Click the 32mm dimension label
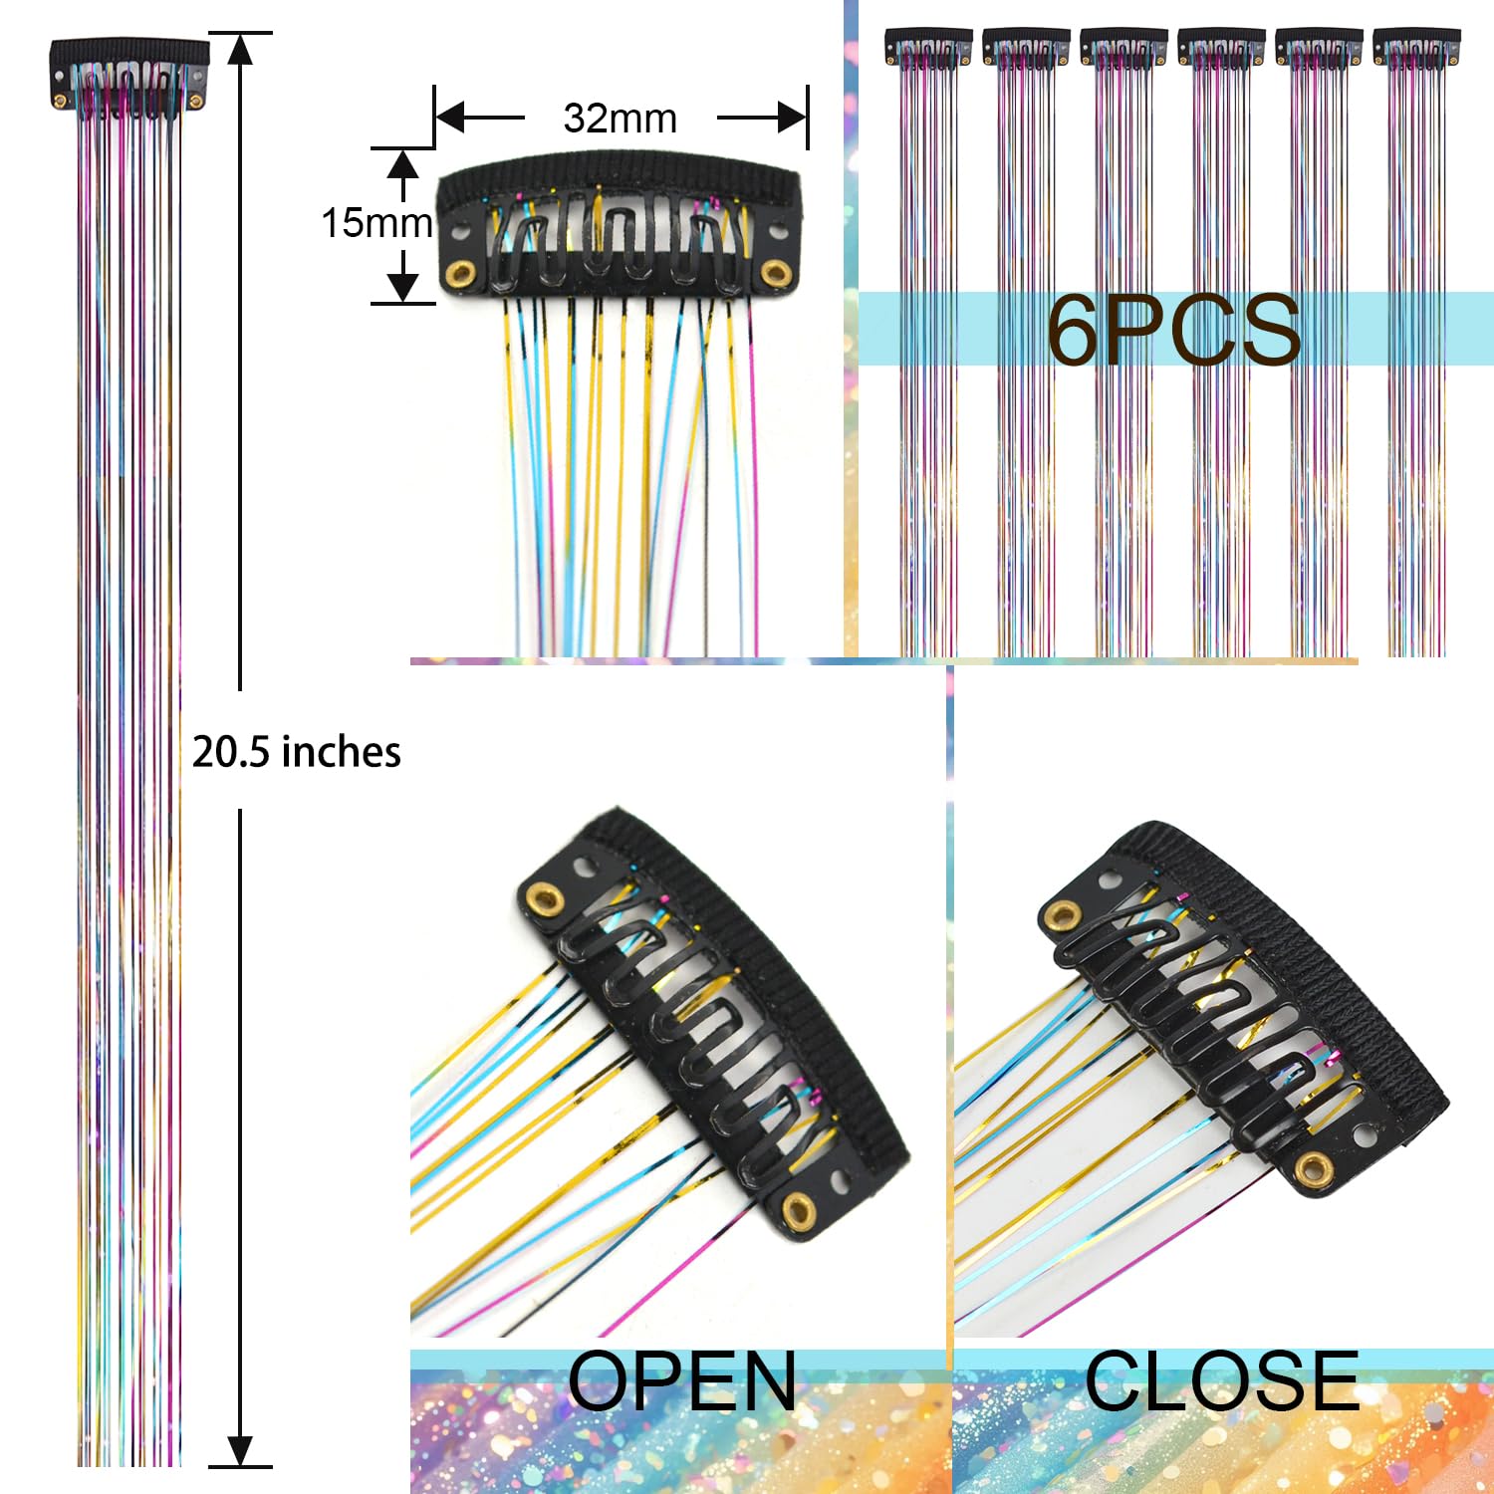coord(620,119)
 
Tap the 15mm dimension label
coord(376,223)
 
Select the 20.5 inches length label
coord(297,752)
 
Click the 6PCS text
coord(1173,330)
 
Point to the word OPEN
coord(682,1381)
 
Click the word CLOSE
coord(1222,1381)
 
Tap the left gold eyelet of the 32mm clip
coord(460,273)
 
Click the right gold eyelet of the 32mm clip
coord(776,273)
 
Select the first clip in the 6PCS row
coord(928,48)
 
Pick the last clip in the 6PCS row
coord(1416,48)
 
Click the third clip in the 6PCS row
coord(1123,48)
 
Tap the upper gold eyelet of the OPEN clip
coord(544,899)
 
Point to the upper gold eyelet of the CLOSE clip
coord(1063,915)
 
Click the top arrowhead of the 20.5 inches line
coord(240,49)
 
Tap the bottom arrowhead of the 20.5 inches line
coord(240,1450)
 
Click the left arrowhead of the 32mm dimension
coord(451,118)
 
